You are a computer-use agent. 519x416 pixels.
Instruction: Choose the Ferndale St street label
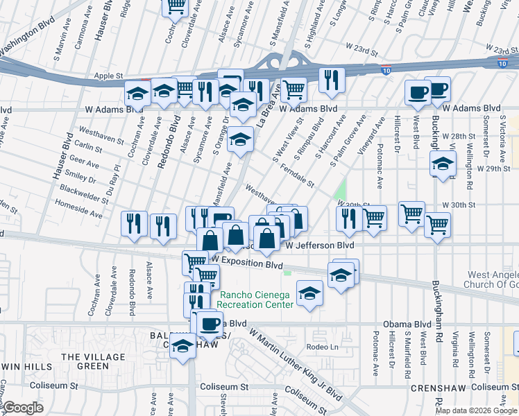tap(298, 175)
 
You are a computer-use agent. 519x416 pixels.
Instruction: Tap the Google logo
tap(23, 408)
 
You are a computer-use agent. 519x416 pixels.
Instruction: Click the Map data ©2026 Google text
tap(475, 410)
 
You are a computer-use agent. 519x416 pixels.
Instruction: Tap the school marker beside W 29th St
tap(441, 164)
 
